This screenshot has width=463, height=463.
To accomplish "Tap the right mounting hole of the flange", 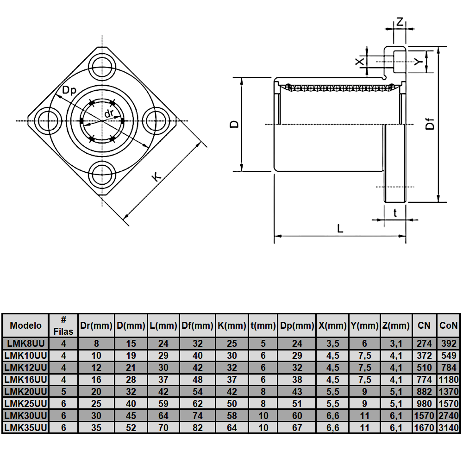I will tap(156, 121).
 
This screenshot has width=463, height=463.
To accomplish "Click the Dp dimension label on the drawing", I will tap(69, 91).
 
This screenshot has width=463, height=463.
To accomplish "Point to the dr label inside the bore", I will tap(109, 113).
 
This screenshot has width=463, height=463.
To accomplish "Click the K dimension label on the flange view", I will tap(157, 176).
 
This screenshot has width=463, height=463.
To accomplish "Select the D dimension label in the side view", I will tap(235, 124).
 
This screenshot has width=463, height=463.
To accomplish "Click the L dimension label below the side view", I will tap(340, 228).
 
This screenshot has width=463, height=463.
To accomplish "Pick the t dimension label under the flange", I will tap(395, 213).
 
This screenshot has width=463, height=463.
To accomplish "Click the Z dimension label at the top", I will tap(400, 22).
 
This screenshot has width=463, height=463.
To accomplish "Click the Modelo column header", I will tap(26, 325).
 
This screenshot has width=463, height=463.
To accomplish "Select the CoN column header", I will tap(448, 325).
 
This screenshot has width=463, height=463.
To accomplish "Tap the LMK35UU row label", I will tap(26, 427).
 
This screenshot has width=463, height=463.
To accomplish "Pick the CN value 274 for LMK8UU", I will tap(424, 344).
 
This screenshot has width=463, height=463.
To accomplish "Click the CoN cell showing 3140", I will tap(448, 427).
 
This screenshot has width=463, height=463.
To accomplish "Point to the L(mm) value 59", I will tap(163, 403).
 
